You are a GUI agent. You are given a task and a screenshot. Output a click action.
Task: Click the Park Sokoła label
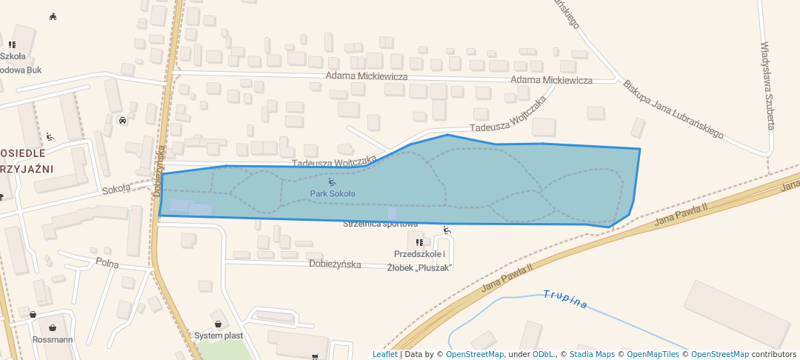coord(333,194)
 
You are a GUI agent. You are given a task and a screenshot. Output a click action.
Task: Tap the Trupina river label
coord(565,299)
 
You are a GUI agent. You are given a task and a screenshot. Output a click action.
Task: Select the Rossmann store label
coord(53,340)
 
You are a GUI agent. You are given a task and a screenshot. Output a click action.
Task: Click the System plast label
coord(219,336)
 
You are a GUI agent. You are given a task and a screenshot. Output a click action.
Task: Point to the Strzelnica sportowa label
coord(381,224)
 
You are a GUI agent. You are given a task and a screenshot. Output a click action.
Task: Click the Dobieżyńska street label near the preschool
coord(334,264)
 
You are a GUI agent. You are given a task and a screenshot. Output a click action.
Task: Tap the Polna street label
coord(107,264)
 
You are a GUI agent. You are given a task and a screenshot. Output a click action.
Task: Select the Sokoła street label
coord(116,188)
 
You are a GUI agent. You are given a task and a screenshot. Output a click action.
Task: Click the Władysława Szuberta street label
coord(767,85)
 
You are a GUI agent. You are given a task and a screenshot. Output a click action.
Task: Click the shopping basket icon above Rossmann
coord(53,327)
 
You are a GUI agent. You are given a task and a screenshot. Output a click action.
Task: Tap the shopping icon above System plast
coord(218,324)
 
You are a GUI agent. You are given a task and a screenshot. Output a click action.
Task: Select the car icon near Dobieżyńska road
coord(122,119)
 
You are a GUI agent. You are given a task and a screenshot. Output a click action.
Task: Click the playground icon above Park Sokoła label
coord(332,182)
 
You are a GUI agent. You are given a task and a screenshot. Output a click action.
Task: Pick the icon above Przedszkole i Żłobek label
coord(419,242)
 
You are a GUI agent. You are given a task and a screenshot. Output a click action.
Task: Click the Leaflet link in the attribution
coord(384,354)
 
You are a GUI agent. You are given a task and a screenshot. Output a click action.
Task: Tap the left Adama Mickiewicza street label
coord(367,76)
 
